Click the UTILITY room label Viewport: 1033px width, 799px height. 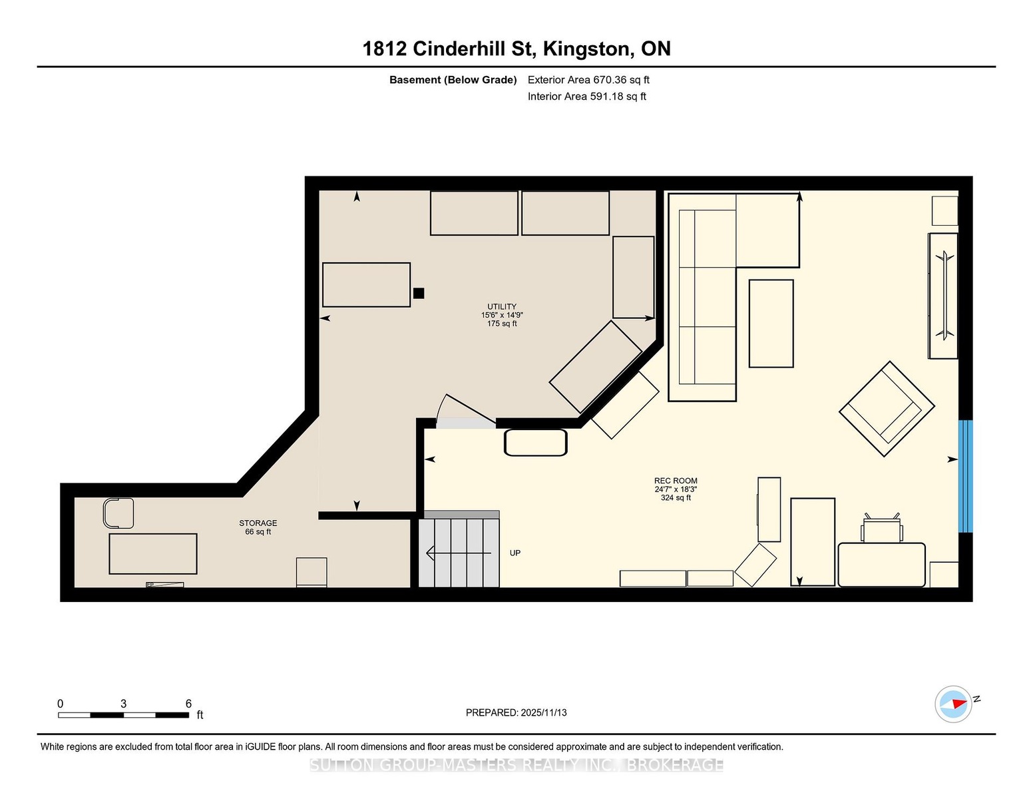click(502, 306)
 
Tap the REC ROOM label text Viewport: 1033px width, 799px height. click(675, 481)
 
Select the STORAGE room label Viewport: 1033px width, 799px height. click(258, 523)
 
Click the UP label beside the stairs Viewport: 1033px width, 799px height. click(515, 553)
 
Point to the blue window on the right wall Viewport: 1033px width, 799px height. click(965, 476)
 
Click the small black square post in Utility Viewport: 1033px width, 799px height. click(419, 293)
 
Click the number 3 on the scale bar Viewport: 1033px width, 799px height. click(124, 704)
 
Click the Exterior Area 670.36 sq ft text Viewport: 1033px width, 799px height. click(588, 80)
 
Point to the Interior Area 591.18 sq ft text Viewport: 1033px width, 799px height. click(586, 97)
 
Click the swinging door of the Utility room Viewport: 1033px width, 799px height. click(467, 411)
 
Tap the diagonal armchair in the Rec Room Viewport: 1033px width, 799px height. click(887, 409)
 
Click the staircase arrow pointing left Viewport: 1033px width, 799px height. click(459, 553)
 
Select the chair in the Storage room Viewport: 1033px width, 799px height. click(118, 513)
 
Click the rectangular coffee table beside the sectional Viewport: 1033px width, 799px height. click(771, 323)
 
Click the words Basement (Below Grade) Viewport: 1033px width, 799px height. click(453, 80)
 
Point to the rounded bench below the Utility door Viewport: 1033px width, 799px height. click(535, 443)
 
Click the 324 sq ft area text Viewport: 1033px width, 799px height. click(675, 497)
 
